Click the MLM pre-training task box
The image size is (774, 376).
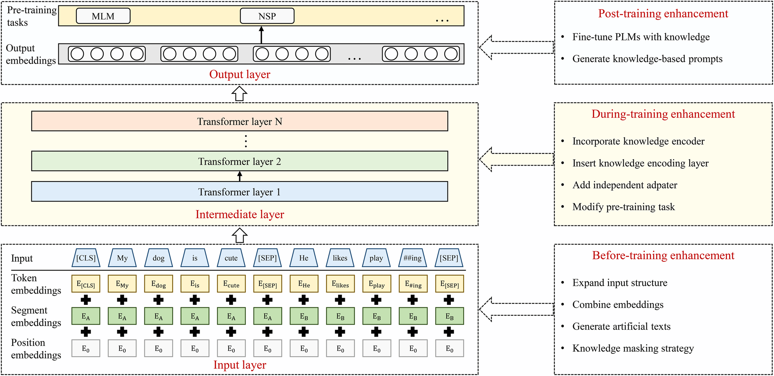(103, 16)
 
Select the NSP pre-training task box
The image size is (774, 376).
(267, 16)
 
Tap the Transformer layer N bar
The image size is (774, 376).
(239, 121)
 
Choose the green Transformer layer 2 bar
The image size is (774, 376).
(239, 161)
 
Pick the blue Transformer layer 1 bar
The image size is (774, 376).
(239, 192)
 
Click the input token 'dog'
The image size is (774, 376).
(158, 258)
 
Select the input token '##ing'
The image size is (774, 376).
(413, 258)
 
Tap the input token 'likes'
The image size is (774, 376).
(340, 258)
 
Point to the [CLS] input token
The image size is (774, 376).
(86, 258)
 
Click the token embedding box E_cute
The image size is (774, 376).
(231, 284)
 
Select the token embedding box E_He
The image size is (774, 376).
(304, 284)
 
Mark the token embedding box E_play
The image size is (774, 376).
(376, 284)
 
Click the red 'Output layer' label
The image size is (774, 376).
(240, 74)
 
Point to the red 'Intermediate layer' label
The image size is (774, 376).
(240, 214)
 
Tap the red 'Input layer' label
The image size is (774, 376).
(240, 365)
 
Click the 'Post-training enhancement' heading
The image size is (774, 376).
(663, 13)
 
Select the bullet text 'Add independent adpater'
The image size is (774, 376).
(625, 185)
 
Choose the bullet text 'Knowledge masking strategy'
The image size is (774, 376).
(633, 348)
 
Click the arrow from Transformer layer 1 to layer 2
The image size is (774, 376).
(239, 176)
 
